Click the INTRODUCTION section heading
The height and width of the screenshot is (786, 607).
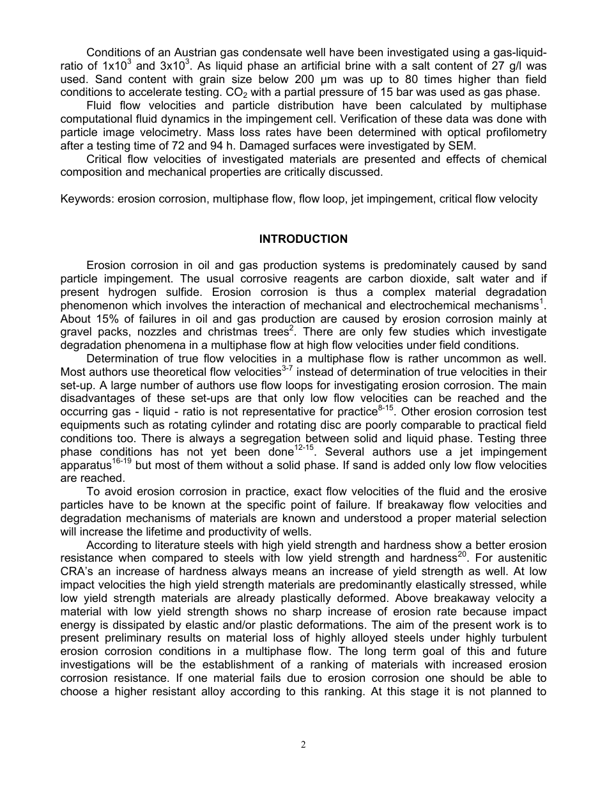point(303,239)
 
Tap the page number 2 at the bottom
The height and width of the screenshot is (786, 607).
point(303,744)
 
